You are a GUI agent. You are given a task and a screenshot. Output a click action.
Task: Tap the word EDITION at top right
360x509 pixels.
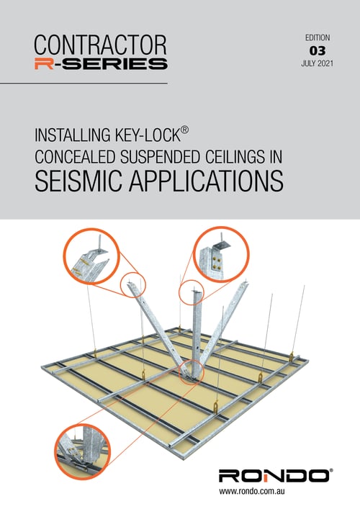[317, 36]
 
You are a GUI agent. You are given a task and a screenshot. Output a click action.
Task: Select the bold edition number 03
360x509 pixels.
[317, 51]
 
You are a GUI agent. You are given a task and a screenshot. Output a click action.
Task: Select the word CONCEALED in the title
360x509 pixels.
[79, 158]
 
